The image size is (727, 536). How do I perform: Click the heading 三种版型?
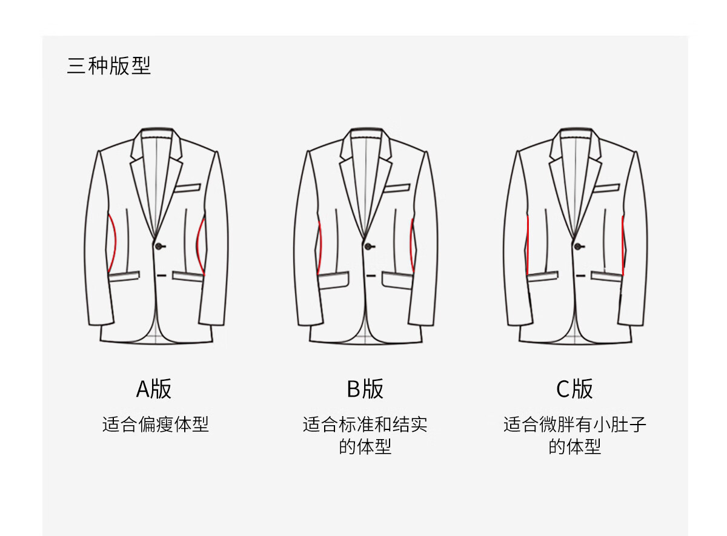(109, 66)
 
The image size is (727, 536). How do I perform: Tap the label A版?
(154, 389)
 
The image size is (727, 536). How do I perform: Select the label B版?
(365, 389)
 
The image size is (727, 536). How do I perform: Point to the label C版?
(574, 389)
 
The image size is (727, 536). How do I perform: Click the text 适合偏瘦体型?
(155, 424)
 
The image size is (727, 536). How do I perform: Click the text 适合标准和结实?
(365, 424)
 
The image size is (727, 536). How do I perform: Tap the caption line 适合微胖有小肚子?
(574, 424)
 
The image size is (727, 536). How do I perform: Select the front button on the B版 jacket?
(368, 246)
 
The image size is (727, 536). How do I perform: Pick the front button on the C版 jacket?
(577, 246)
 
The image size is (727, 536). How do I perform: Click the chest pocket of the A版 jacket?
(188, 188)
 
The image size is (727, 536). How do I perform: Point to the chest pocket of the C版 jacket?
(606, 188)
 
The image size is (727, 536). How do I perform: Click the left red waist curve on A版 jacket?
(112, 242)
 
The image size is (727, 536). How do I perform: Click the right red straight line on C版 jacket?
(623, 245)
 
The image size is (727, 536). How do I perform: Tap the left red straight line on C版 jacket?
(528, 245)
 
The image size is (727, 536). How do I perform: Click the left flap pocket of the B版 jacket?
(334, 280)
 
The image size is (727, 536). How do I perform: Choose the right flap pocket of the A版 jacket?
(188, 276)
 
